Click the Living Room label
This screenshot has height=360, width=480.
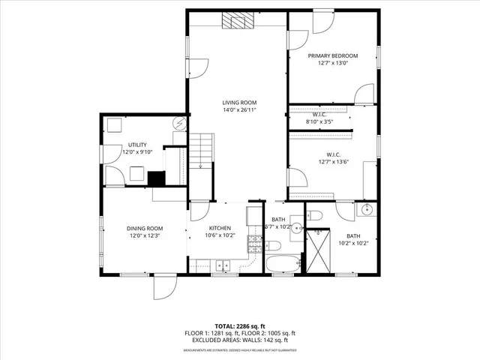tap(239, 103)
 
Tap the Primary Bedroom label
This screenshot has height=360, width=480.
tap(333, 55)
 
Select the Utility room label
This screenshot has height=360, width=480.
tap(136, 145)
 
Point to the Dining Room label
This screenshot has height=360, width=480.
tap(145, 228)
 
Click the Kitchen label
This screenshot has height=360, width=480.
tap(220, 228)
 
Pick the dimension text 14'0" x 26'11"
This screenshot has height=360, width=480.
tap(239, 110)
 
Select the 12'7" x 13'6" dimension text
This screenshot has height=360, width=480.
tap(333, 160)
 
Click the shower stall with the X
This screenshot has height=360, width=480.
tap(319, 248)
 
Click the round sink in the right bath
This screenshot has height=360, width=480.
tap(367, 209)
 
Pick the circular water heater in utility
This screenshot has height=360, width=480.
tap(179, 124)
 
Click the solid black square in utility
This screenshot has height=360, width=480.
tap(156, 178)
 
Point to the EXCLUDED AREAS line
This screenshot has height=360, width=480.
tap(240, 340)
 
